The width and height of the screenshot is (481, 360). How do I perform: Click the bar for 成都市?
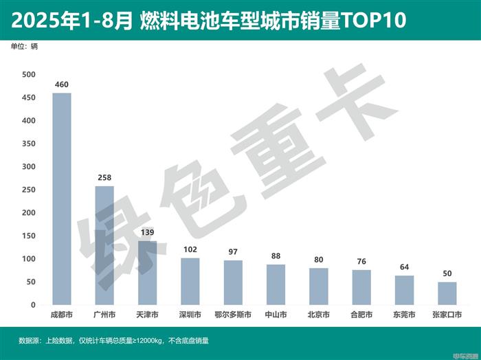tap(62, 199)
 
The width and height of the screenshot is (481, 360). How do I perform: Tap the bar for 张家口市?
tap(447, 293)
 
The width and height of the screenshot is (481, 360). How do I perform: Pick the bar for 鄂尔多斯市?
tap(233, 282)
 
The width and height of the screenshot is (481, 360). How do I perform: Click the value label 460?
tap(62, 85)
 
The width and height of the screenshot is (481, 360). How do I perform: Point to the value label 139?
tap(147, 233)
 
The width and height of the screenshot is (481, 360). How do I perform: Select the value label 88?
tap(276, 256)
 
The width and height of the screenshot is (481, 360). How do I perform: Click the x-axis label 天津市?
tap(147, 315)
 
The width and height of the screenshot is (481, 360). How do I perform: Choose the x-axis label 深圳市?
tap(190, 315)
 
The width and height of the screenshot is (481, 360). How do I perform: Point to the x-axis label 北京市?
tap(319, 315)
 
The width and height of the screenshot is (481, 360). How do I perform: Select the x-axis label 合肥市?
tap(361, 315)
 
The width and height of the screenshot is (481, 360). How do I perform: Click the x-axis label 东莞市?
tap(405, 315)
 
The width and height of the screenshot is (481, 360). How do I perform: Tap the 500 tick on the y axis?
tap(28, 75)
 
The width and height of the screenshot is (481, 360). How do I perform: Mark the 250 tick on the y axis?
tap(28, 190)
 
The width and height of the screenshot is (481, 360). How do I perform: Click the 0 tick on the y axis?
tap(32, 305)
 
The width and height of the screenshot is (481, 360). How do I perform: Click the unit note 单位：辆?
tap(25, 47)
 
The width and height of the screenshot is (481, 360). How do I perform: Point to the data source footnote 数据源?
tap(30, 340)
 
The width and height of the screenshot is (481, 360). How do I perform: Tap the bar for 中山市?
tap(276, 284)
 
